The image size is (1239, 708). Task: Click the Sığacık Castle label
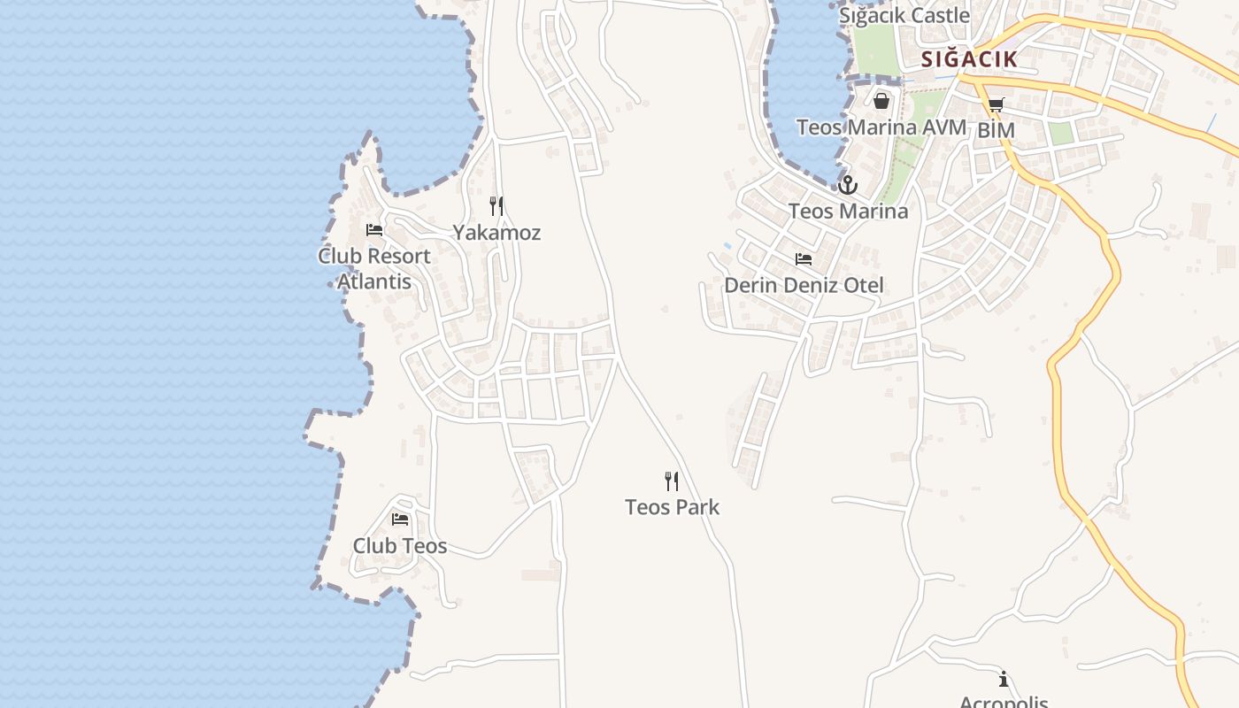coord(904,16)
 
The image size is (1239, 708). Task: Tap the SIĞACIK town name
coord(968,59)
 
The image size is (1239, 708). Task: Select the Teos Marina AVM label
coord(881,127)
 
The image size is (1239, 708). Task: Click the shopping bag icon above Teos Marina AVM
coord(881,101)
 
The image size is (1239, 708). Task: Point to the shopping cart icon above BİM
coord(996,105)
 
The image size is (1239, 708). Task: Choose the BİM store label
coord(996,131)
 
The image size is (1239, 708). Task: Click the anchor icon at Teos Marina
coord(848,185)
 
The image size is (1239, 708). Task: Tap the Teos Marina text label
coord(848,212)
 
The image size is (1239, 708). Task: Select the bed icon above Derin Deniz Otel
coord(804,259)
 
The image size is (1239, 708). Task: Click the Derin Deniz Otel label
coord(804,286)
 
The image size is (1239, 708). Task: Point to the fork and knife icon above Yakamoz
coord(496,206)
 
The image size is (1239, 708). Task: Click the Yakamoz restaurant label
coord(496,233)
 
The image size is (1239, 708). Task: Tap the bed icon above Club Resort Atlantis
coord(374,230)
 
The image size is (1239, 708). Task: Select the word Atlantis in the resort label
coord(374,281)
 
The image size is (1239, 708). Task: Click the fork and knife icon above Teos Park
coord(672,481)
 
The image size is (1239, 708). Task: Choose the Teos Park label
coord(672,507)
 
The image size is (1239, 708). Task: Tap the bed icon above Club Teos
coord(400,519)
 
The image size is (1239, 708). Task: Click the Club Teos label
coord(400,546)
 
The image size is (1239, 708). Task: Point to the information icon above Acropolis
coord(1004,680)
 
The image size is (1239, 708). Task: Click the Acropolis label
coord(1004,701)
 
